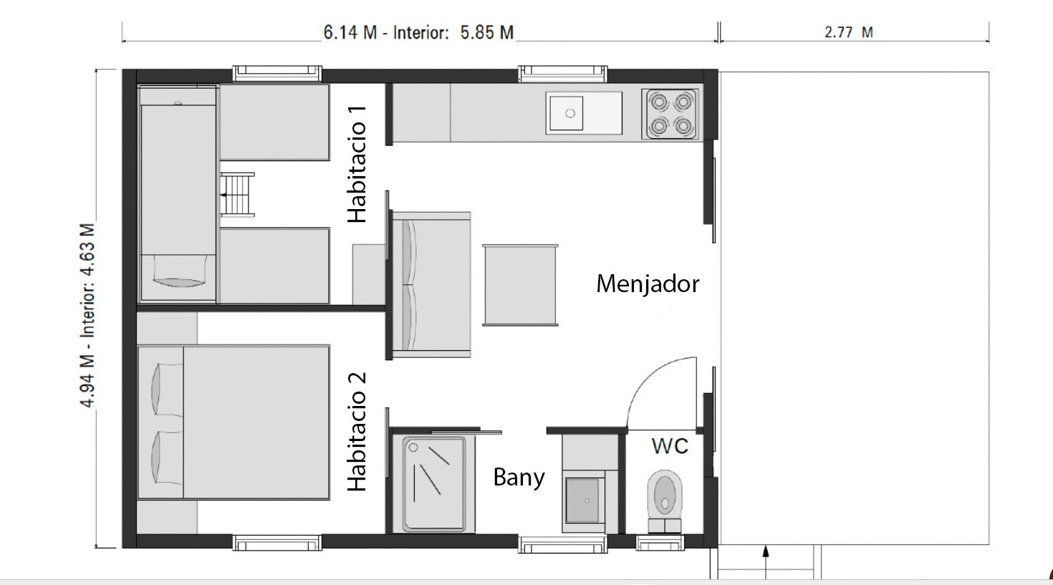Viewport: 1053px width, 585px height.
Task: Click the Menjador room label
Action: pos(647,284)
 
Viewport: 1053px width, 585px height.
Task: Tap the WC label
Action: pos(670,446)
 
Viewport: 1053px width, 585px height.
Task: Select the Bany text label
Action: pos(519,477)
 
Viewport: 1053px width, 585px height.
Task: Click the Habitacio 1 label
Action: pos(357,164)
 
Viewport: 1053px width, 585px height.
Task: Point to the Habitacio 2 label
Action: pos(357,432)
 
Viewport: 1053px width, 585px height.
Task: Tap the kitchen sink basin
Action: pos(570,113)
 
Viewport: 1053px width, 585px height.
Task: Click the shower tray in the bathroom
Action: pos(433,482)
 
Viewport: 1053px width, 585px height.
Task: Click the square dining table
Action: pos(520,285)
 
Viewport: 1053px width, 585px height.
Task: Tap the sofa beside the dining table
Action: pos(431,284)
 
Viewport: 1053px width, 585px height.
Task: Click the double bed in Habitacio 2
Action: pos(234,422)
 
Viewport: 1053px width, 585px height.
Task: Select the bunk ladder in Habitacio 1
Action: pos(236,194)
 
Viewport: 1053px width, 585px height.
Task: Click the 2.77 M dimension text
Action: pos(848,32)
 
